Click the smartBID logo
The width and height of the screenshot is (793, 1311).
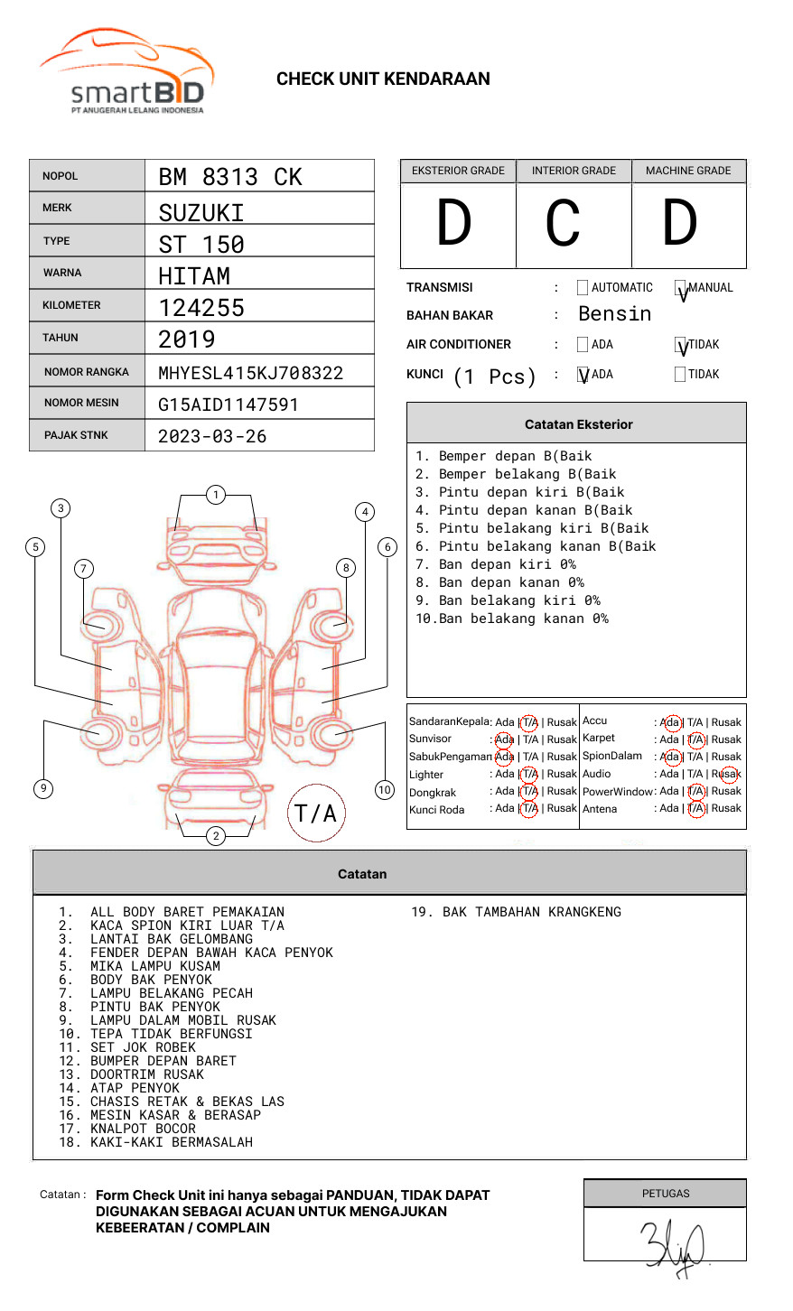[x=126, y=72]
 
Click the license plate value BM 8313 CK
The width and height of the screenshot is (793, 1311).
[x=230, y=177]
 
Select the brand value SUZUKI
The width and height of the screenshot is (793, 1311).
[x=201, y=213]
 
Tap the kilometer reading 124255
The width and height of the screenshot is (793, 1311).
[x=201, y=308]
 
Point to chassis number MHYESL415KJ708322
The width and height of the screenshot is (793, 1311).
[x=250, y=373]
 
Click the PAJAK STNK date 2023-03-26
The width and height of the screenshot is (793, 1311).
[x=212, y=436]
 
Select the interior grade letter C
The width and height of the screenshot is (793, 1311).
[x=563, y=224]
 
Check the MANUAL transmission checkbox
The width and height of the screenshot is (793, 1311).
[x=681, y=289]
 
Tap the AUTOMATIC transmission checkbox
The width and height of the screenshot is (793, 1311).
[x=583, y=288]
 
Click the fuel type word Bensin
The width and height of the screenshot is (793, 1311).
[x=614, y=314]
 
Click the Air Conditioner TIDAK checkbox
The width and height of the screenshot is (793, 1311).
[x=681, y=345]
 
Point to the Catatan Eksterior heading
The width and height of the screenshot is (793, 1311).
[x=578, y=424]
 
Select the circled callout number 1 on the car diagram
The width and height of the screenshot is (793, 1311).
[x=215, y=494]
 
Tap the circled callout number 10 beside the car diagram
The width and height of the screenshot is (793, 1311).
[x=385, y=790]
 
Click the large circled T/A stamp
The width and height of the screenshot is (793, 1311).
[x=315, y=813]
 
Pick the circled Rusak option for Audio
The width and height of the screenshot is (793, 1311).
[x=726, y=774]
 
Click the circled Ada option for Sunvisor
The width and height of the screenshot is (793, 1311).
[x=504, y=739]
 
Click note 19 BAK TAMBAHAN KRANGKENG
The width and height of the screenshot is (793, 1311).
[x=516, y=912]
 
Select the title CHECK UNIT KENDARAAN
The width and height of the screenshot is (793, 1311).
[x=383, y=79]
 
